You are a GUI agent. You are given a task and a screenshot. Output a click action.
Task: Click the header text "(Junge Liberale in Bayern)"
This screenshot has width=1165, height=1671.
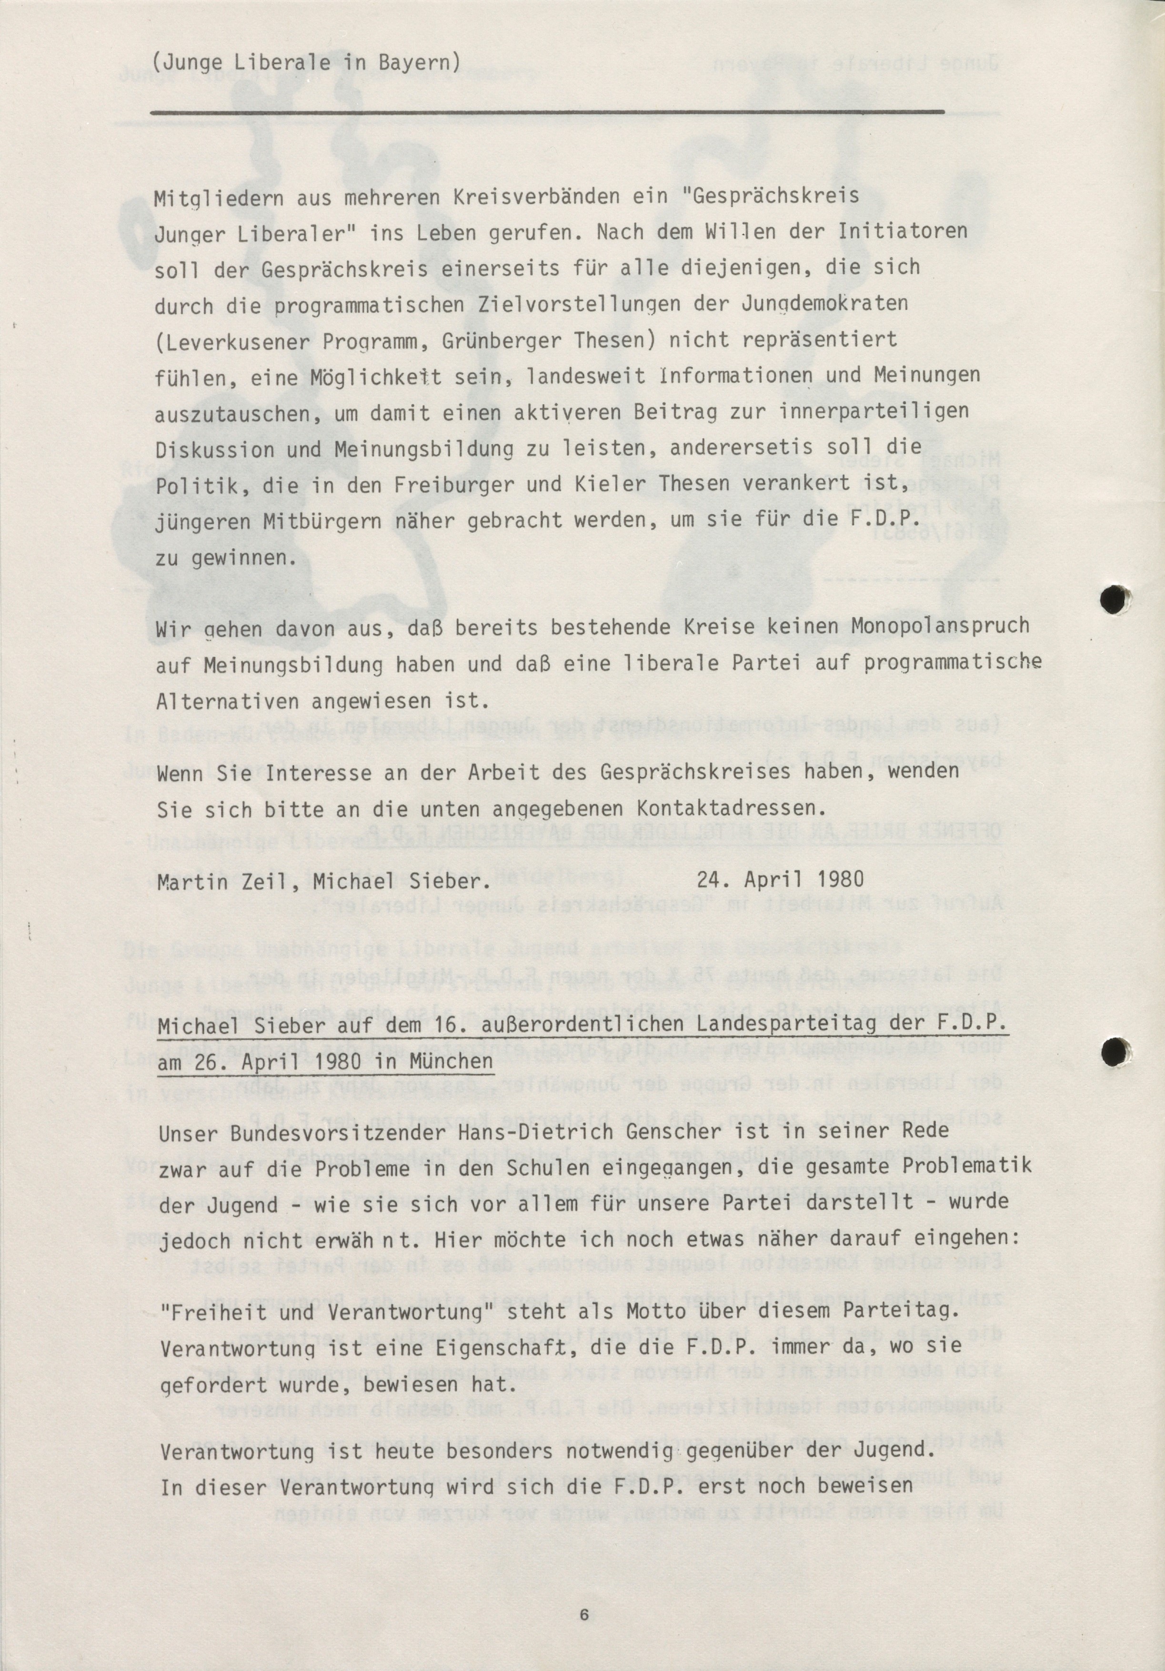[307, 62]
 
